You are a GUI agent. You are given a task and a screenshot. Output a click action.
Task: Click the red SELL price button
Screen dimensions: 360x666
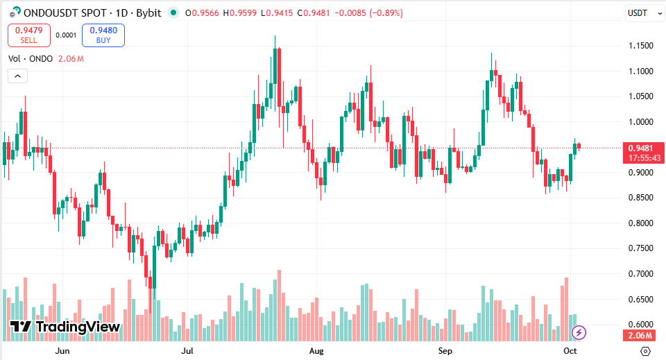[x=28, y=35]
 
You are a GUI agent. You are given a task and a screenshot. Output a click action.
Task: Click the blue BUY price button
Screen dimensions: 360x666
[x=103, y=35]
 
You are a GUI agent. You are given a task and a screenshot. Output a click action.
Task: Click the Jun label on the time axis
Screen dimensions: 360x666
[x=62, y=351]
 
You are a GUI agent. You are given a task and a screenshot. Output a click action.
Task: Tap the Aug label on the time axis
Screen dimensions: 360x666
[x=316, y=351]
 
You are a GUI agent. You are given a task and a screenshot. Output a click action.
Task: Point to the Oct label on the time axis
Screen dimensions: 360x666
[x=570, y=351]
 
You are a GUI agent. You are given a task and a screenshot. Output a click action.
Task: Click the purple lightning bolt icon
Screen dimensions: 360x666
[x=579, y=333]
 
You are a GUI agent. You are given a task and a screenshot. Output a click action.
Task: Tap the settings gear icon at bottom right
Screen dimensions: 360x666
[x=645, y=351]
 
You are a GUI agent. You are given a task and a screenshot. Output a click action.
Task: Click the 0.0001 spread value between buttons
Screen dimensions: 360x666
[x=66, y=35]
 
